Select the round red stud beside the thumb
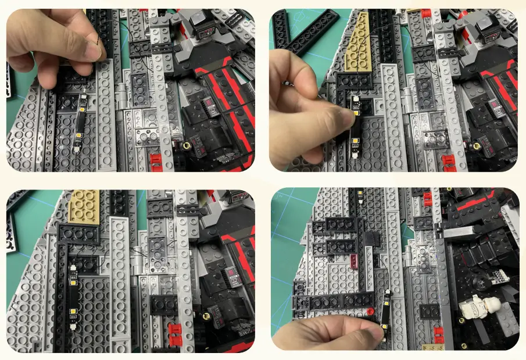pyautogui.click(x=370, y=312)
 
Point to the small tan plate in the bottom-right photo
pyautogui.click(x=433, y=347)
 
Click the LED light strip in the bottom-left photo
pyautogui.click(x=74, y=291)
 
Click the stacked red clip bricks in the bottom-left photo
pyautogui.click(x=174, y=334)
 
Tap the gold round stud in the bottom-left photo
pyautogui.click(x=205, y=317)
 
